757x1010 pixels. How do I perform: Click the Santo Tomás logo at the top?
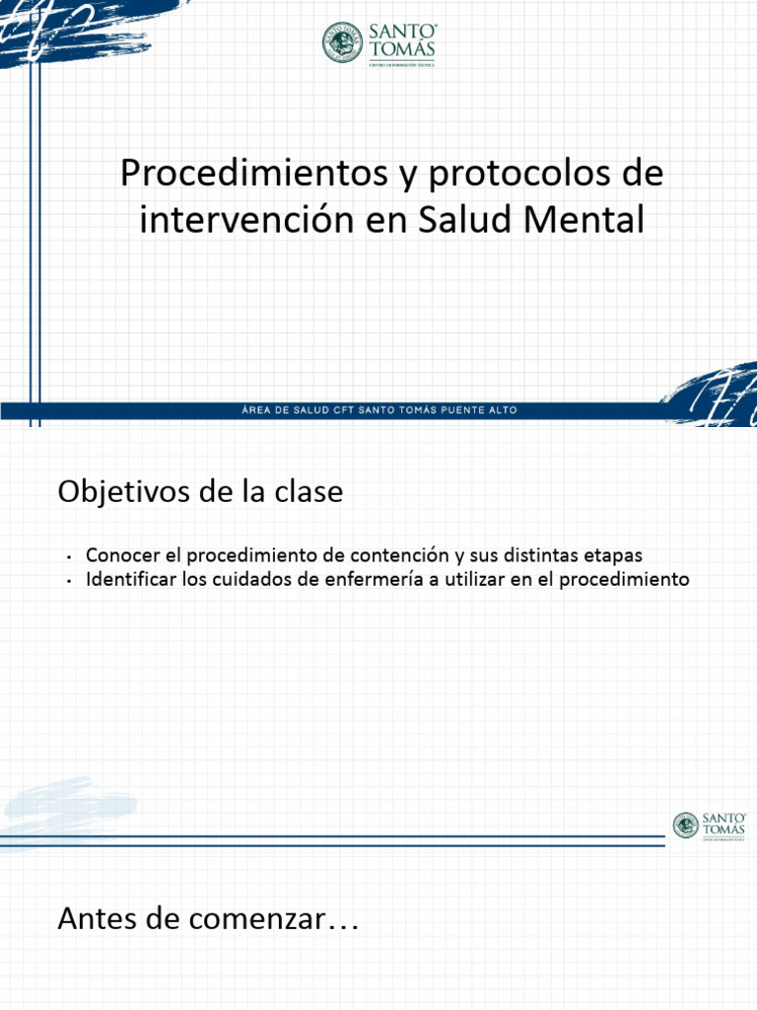click(378, 42)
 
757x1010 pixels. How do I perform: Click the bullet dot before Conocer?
click(71, 557)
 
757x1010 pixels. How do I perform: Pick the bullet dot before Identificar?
click(71, 581)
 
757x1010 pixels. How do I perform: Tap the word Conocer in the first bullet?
click(122, 555)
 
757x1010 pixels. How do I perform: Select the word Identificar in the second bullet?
click(132, 579)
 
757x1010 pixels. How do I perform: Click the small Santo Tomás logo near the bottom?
click(710, 826)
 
